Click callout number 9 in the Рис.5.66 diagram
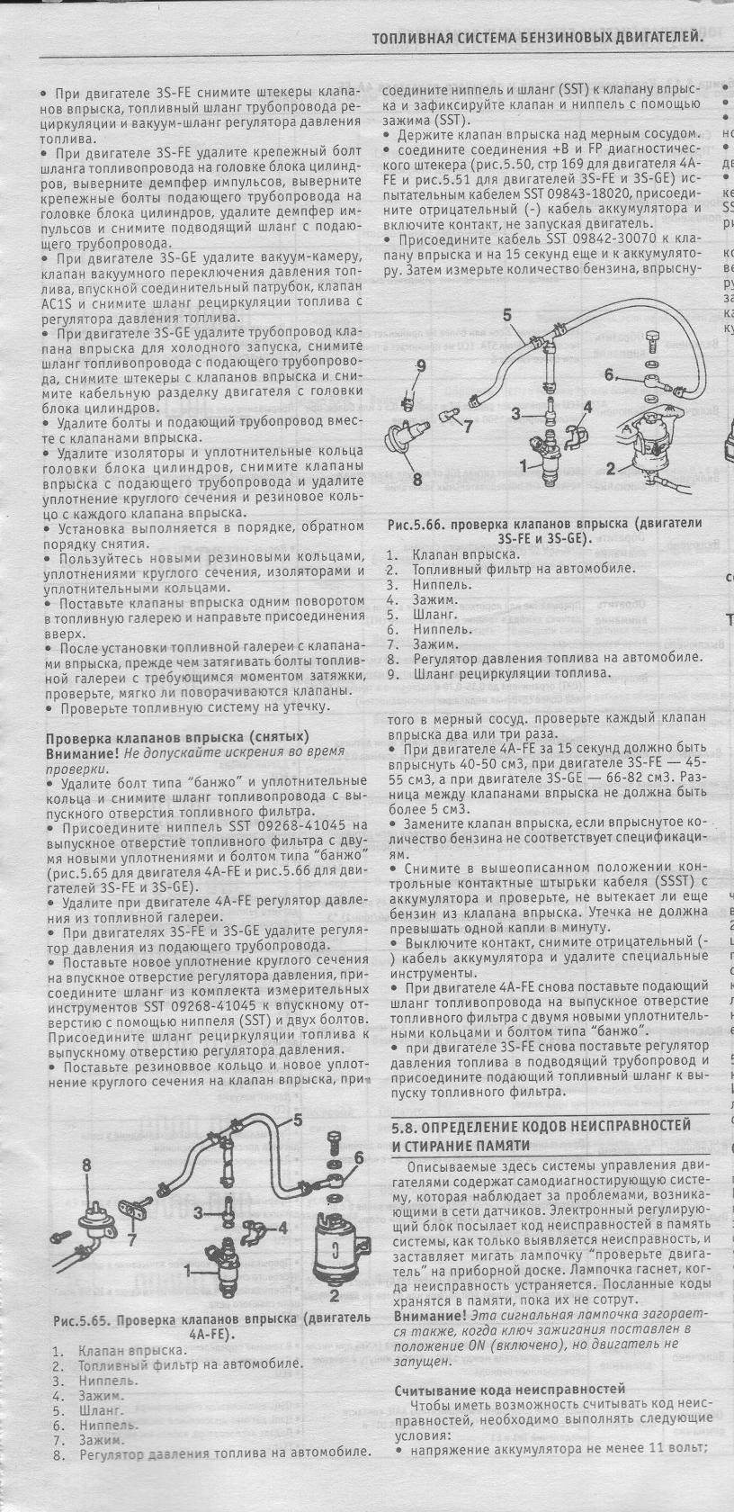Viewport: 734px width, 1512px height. click(419, 364)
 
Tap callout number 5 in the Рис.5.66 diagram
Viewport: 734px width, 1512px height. click(506, 315)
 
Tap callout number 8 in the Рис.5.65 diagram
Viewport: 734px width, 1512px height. click(87, 1165)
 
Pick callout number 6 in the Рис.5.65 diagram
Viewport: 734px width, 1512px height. click(358, 1157)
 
